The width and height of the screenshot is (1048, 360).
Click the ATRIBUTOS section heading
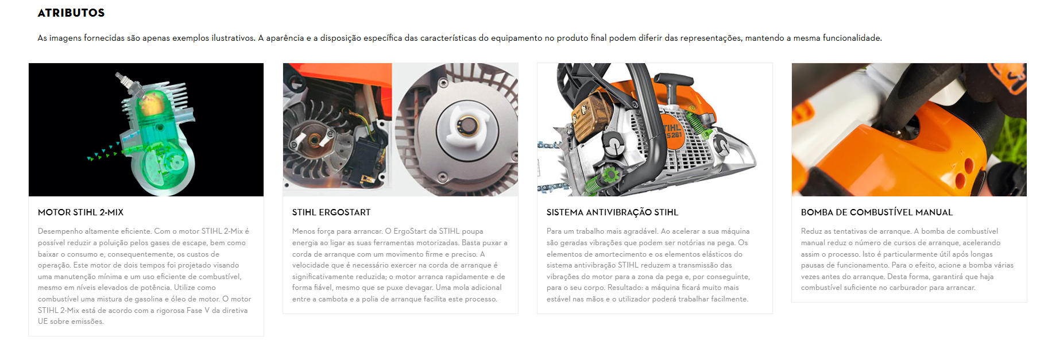[71, 13]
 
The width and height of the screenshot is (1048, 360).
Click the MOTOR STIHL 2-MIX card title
[80, 212]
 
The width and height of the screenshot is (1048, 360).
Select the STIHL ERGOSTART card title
[331, 212]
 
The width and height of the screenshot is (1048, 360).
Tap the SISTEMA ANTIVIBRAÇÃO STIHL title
[612, 212]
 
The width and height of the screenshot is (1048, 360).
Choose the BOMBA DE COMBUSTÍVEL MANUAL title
[877, 212]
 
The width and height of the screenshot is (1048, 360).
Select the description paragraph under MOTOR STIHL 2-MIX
[145, 276]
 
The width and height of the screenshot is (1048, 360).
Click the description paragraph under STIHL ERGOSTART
[400, 265]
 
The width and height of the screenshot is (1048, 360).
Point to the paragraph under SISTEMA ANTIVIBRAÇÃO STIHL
[648, 265]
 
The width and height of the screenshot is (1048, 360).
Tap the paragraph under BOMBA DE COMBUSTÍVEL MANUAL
[907, 260]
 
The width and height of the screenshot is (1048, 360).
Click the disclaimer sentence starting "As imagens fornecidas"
[459, 38]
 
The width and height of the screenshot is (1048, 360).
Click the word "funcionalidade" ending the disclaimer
[852, 38]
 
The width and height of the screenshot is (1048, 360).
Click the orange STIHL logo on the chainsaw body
[673, 130]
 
